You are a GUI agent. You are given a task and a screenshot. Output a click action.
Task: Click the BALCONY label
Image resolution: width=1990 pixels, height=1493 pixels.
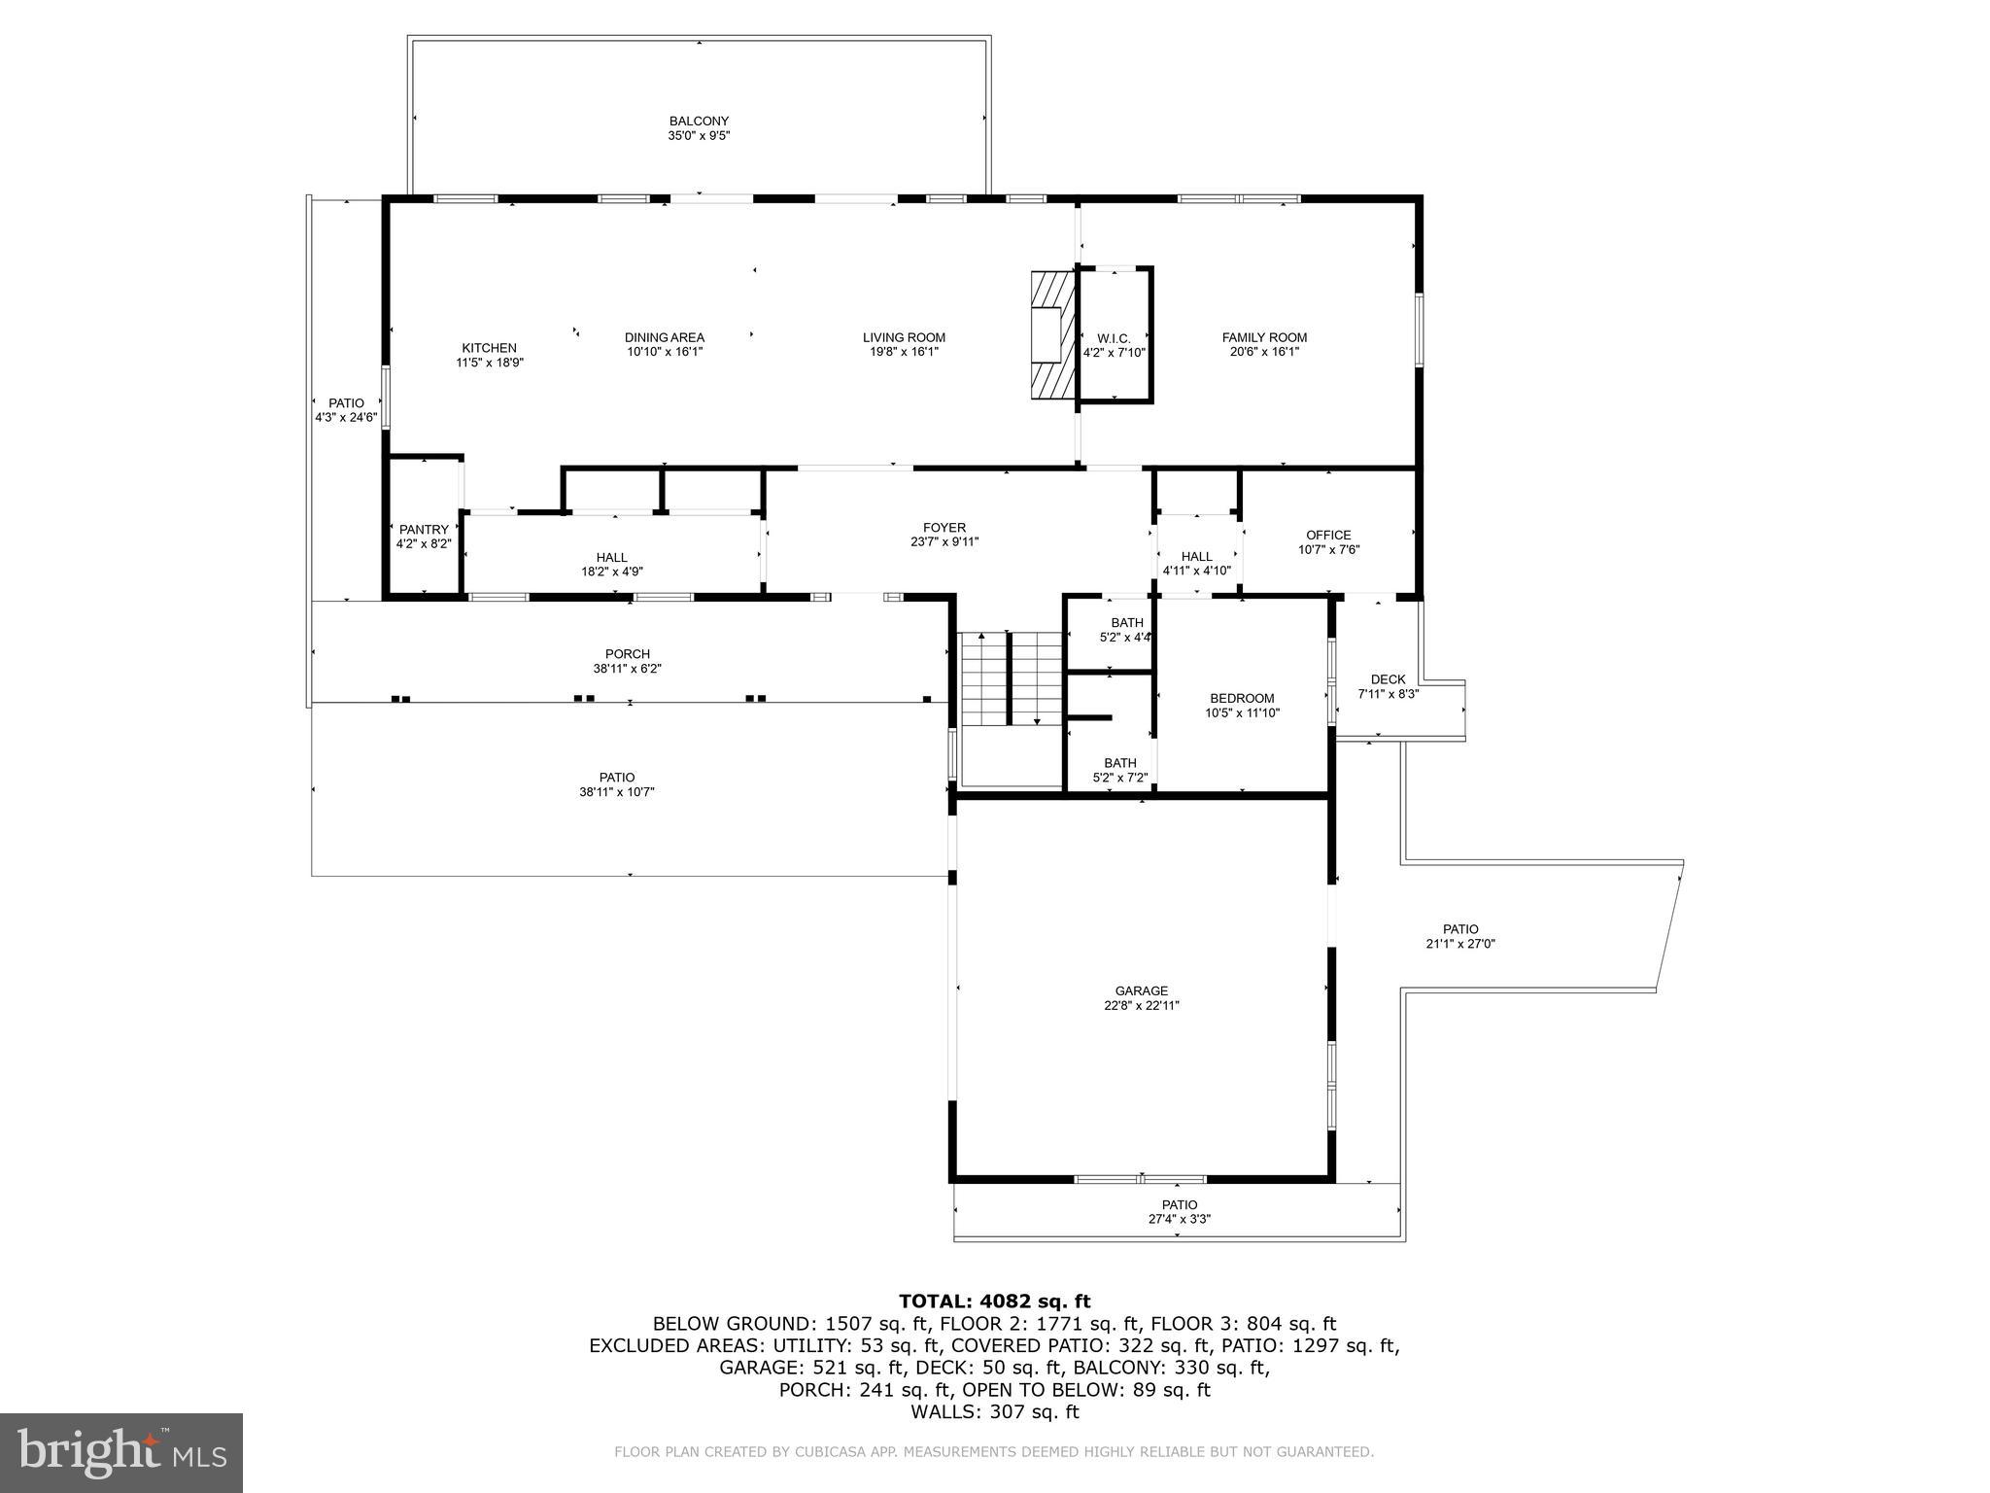coord(699,122)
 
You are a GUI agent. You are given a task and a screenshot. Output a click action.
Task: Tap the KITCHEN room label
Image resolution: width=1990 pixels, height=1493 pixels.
coord(489,348)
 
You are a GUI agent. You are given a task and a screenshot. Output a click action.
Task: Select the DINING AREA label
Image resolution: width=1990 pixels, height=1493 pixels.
coord(665,338)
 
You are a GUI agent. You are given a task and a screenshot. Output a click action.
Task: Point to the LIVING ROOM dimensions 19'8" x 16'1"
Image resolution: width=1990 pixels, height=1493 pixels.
coord(904,353)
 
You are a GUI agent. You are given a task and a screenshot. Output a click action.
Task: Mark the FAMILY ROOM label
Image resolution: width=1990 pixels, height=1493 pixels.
coord(1264,338)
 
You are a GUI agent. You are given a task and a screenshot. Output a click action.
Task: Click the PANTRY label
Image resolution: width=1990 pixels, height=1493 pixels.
coord(424,530)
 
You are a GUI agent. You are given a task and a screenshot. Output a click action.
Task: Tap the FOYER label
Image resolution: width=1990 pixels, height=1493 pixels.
coord(944,528)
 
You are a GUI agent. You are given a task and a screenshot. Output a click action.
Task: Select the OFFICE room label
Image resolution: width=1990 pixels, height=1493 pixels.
coord(1328,535)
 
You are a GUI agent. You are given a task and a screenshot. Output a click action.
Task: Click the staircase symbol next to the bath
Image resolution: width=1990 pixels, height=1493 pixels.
coord(1012,677)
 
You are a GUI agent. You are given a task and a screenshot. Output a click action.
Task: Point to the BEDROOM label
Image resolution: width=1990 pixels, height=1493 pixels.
coord(1242,698)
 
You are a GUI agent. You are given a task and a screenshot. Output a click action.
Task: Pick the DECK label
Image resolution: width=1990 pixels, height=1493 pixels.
coord(1388,679)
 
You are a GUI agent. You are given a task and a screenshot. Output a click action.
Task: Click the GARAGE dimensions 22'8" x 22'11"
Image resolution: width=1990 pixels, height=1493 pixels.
coord(1142,1006)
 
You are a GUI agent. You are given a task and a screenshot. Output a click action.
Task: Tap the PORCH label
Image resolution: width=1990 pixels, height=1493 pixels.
coord(627,654)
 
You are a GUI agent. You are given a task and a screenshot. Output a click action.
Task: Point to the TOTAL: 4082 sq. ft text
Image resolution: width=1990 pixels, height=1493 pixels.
coord(994,1302)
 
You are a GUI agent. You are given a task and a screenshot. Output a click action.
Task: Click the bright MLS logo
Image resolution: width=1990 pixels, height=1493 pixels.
coord(121,1452)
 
